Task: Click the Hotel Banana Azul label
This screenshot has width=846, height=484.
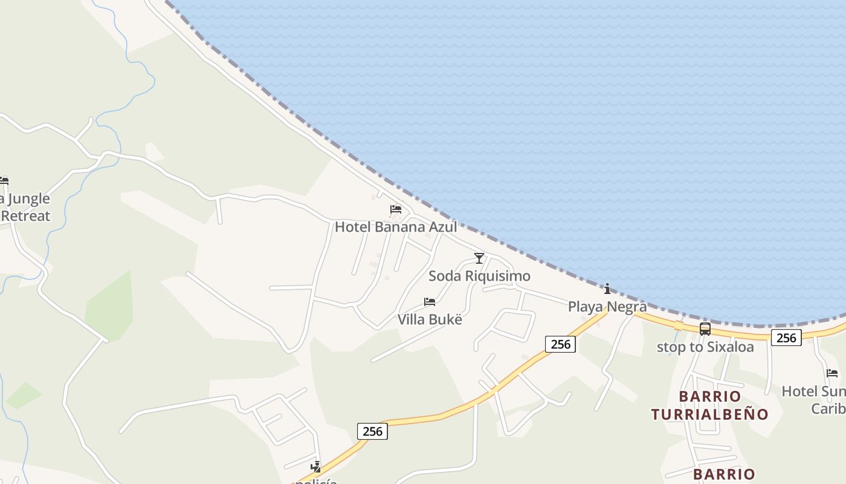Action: point(396,227)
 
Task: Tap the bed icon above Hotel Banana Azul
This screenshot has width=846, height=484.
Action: point(396,209)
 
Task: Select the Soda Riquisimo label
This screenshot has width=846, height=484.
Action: point(479,276)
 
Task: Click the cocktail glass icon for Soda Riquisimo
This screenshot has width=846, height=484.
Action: point(479,258)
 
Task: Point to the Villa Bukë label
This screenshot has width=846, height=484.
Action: point(430,319)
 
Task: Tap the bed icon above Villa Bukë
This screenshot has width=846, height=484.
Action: point(430,301)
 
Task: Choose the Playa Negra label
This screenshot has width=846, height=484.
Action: point(607,307)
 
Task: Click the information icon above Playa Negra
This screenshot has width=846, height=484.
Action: point(607,289)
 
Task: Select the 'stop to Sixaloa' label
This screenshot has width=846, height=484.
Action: point(705,347)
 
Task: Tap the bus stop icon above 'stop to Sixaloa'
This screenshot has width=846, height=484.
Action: point(705,329)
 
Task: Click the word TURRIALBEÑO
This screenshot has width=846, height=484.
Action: point(709,414)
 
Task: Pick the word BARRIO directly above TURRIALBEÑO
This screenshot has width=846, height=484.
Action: point(710,396)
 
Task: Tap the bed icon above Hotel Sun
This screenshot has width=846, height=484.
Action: point(832,373)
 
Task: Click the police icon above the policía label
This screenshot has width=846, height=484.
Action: point(315,466)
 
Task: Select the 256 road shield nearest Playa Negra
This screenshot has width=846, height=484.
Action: point(561,344)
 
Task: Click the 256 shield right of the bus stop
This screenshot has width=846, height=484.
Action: point(786,338)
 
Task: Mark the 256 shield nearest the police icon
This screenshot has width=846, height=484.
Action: point(372,431)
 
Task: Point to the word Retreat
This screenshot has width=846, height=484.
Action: point(25,215)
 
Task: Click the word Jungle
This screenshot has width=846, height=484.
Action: point(29,198)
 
